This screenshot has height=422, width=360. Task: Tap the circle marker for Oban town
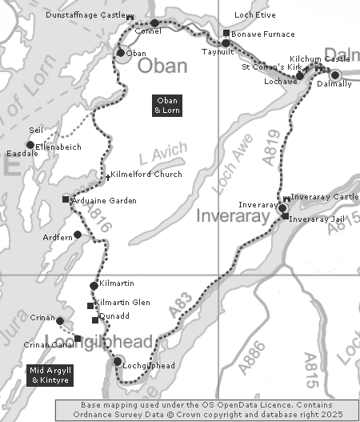120,54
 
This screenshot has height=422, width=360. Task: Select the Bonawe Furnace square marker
226,34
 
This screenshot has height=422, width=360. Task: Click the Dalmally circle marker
335,75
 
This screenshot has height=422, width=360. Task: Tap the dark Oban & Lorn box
167,105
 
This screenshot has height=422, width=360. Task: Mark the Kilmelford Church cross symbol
109,175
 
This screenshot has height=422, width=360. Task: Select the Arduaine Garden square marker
66,199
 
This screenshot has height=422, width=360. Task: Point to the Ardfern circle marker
78,235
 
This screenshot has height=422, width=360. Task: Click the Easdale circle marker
30,145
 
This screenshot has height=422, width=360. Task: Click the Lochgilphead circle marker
118,362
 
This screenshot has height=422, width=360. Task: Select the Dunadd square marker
95,320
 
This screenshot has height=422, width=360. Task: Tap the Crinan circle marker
60,321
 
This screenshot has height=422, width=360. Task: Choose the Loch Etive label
254,15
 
